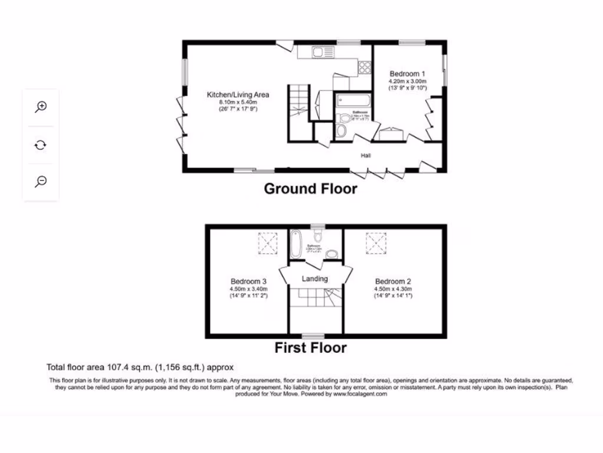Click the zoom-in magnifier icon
(x=41, y=107)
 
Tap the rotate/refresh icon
(x=41, y=145)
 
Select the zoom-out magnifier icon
(x=41, y=181)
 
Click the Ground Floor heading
(x=310, y=189)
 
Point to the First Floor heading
(x=310, y=348)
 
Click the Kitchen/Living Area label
(x=237, y=94)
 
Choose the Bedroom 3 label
(x=249, y=281)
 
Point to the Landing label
(x=314, y=279)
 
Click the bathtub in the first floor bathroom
(x=296, y=241)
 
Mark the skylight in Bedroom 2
(x=375, y=241)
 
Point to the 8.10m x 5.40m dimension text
(x=237, y=102)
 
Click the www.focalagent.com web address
(x=360, y=394)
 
